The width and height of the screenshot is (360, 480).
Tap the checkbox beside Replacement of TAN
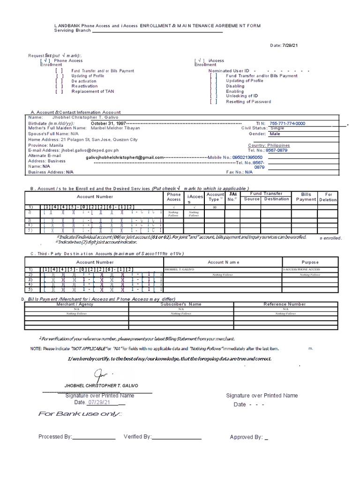coord(60,91)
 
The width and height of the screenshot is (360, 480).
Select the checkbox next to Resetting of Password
coord(214,101)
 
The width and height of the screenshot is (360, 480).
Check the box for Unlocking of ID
coord(214,96)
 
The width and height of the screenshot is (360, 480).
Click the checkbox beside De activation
coord(60,81)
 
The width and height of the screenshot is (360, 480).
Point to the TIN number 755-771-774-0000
coord(287,123)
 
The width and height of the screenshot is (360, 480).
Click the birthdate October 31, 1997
coord(108,123)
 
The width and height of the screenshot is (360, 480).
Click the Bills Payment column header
coord(306,196)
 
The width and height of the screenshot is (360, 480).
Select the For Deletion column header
coord(328,196)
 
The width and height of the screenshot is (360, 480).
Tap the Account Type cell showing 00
coord(215,207)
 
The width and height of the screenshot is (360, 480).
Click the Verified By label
coord(137,437)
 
